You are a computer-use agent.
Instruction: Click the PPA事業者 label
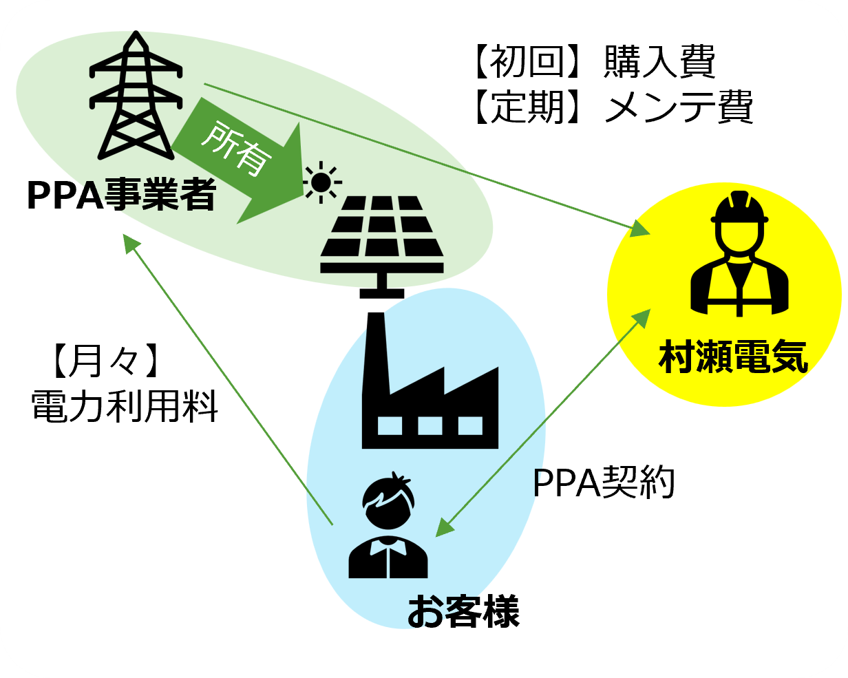pyautogui.click(x=121, y=194)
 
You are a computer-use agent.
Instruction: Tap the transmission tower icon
pyautogui.click(x=136, y=96)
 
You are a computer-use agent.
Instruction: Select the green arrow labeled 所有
pyautogui.click(x=238, y=161)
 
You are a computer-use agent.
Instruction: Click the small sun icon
pyautogui.click(x=321, y=182)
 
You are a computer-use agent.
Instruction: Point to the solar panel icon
pyautogui.click(x=381, y=246)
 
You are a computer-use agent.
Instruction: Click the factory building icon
pyautogui.click(x=430, y=381)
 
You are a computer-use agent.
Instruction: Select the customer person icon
pyautogui.click(x=388, y=525)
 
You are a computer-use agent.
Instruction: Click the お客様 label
pyautogui.click(x=463, y=611)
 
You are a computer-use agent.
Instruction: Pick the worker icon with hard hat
pyautogui.click(x=739, y=253)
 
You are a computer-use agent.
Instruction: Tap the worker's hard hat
pyautogui.click(x=739, y=207)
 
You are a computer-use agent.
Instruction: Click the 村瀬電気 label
pyautogui.click(x=733, y=357)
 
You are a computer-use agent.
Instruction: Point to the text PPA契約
pyautogui.click(x=604, y=483)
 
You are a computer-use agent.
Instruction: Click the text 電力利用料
pyautogui.click(x=125, y=406)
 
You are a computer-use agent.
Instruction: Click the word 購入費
pyautogui.click(x=659, y=61)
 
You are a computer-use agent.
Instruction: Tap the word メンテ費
pyautogui.click(x=678, y=107)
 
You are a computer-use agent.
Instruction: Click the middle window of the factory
pyautogui.click(x=430, y=425)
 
